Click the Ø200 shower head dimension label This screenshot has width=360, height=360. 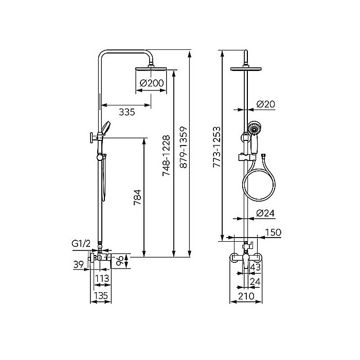(x=152, y=83)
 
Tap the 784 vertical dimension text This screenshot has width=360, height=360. (x=137, y=197)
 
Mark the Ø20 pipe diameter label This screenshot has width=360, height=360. (x=266, y=104)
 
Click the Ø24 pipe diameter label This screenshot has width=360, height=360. (x=266, y=212)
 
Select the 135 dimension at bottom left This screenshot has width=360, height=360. (x=101, y=295)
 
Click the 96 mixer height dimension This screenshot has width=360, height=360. (x=119, y=260)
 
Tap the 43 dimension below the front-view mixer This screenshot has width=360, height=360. (x=256, y=267)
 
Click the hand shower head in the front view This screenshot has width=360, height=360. (x=254, y=128)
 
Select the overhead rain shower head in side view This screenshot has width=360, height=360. (x=152, y=69)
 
